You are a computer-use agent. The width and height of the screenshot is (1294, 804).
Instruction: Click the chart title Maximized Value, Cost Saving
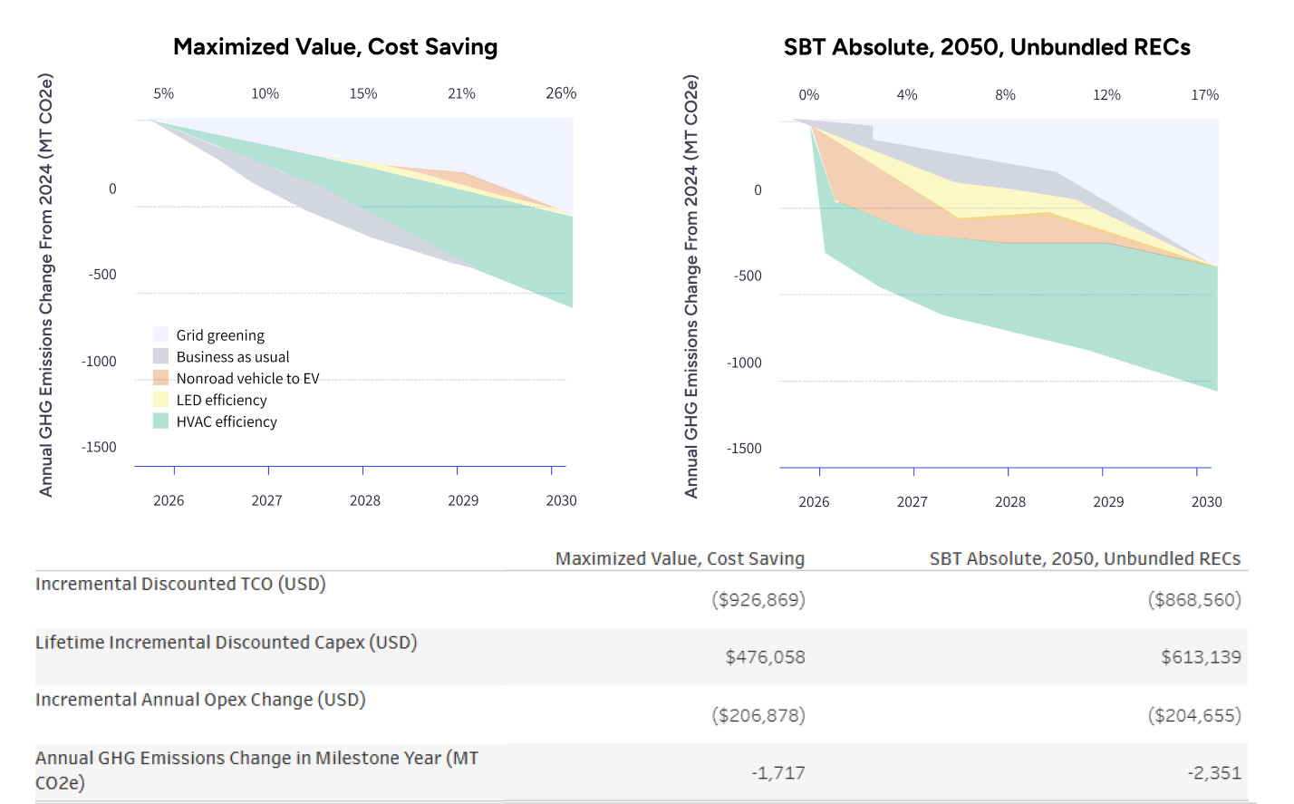point(335,47)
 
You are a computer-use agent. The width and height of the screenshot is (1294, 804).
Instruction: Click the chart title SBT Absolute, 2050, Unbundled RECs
point(987,47)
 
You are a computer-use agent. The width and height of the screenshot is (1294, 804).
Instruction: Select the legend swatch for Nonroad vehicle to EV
point(161,378)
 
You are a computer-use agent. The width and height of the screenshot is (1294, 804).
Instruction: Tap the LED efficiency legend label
point(221,400)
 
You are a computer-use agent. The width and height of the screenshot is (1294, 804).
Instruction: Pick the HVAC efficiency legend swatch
point(161,421)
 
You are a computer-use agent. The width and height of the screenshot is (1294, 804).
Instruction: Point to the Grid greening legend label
point(220,335)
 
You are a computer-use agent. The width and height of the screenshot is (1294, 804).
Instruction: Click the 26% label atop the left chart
point(561,93)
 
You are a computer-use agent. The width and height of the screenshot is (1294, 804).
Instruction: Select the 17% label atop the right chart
point(1204,95)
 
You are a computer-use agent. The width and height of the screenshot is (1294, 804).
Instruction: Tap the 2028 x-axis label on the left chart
point(365,500)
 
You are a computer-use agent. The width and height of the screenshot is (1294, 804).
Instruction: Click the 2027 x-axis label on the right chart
point(912,502)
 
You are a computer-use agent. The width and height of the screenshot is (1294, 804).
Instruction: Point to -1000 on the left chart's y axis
point(99,362)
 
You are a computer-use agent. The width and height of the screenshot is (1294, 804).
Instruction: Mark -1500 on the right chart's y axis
point(744,449)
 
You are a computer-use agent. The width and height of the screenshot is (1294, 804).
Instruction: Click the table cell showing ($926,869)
point(758,599)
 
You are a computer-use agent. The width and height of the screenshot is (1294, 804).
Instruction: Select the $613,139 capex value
point(1201,657)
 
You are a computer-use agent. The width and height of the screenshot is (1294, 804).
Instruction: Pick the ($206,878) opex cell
point(758,715)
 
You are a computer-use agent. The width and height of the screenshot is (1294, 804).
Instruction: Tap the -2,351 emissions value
point(1214,773)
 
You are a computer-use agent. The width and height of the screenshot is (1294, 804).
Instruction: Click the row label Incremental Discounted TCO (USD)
point(180,584)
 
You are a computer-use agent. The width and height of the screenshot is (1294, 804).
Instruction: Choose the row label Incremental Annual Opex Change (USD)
point(200,700)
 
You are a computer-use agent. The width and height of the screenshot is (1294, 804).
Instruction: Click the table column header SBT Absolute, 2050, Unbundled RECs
point(1085,558)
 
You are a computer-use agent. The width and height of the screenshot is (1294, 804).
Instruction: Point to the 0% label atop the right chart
point(808,95)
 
